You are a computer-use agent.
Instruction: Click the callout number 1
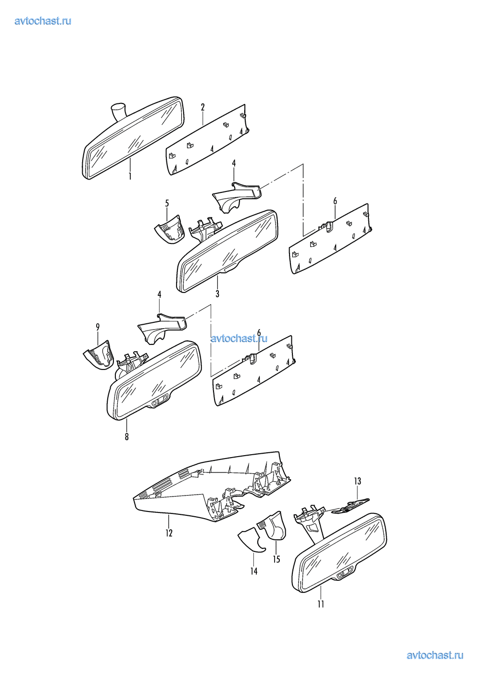click(130, 176)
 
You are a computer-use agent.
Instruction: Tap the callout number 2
click(202, 107)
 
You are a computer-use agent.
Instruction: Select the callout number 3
click(217, 293)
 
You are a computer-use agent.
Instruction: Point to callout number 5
click(167, 204)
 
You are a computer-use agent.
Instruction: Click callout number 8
click(126, 437)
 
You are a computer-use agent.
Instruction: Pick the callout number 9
click(98, 327)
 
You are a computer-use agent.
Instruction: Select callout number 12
click(169, 533)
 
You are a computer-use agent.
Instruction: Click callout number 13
click(357, 481)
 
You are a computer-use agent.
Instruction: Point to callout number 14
click(254, 571)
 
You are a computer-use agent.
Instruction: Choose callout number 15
click(277, 559)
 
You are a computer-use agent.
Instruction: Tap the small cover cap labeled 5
click(169, 229)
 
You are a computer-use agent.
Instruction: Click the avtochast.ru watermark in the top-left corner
click(43, 21)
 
